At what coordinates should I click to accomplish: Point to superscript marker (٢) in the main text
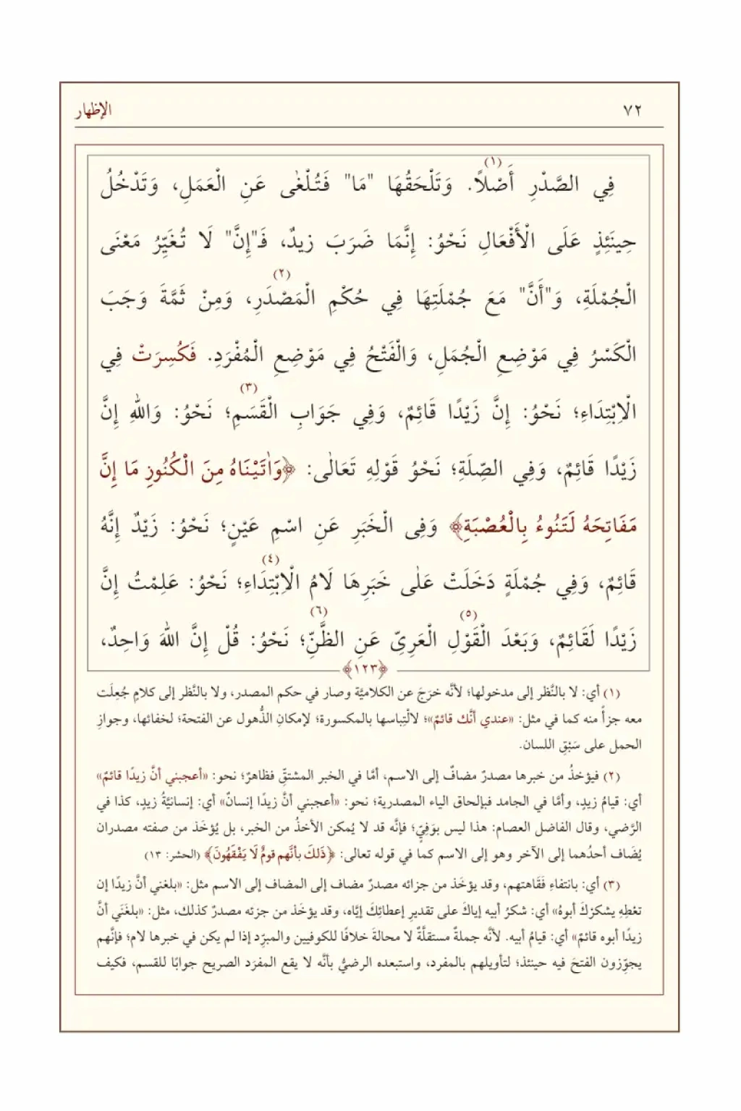(x=281, y=274)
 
